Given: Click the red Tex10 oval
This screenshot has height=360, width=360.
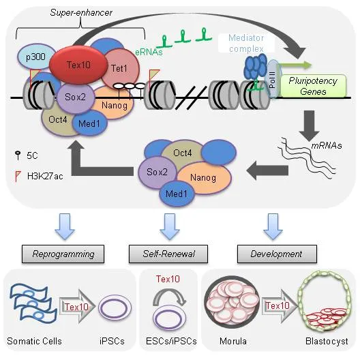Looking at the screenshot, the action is click(78, 65).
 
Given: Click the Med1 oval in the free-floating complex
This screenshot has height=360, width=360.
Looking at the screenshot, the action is click(177, 194).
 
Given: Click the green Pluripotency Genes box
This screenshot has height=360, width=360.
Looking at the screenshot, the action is click(313, 86).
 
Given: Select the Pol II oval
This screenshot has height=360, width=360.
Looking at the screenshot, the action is click(273, 79).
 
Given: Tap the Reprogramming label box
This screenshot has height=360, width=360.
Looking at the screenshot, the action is click(63, 254).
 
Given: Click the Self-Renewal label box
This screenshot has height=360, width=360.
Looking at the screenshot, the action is click(168, 254).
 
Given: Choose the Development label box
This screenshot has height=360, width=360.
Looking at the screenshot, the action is click(277, 254).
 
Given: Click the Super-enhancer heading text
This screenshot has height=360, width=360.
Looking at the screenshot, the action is click(81, 12).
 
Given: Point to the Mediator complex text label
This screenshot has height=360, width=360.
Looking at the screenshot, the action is click(246, 43).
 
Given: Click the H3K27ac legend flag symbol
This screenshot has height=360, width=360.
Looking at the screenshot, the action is click(18, 176).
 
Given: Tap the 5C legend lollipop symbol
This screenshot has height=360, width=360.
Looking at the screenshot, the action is click(18, 155).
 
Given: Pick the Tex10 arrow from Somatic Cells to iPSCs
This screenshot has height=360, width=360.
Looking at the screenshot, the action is click(77, 307).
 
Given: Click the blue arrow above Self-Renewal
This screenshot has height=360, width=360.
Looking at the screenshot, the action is click(170, 227).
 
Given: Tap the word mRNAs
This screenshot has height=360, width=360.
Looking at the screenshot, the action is click(327, 145).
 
